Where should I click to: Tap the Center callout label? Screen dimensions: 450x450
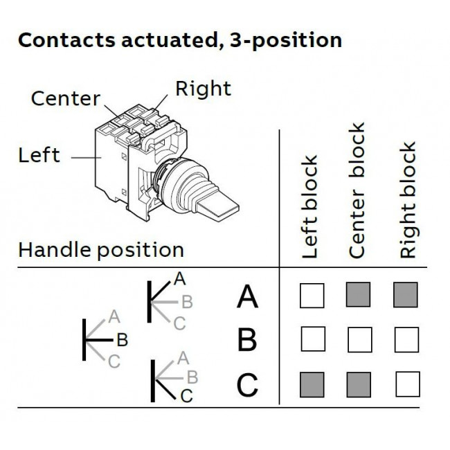(66, 99)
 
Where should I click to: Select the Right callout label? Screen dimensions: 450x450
(203, 89)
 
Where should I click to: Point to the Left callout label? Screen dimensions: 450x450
(39, 155)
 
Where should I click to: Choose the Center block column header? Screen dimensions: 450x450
(357, 192)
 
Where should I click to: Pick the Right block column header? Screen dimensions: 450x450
(408, 201)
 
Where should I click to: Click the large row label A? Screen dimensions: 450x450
(247, 297)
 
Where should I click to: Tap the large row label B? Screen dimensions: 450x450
(247, 341)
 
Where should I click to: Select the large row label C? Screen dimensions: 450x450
(247, 385)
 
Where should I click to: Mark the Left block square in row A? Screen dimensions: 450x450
(312, 296)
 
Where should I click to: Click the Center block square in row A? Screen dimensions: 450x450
(358, 295)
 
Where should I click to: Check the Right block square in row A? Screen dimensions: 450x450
(406, 295)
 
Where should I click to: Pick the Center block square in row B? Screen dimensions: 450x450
(359, 340)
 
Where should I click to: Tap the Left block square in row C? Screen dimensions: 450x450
(312, 384)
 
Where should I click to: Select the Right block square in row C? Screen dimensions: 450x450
(407, 384)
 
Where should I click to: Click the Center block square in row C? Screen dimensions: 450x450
(358, 384)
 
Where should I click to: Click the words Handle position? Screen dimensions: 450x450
(101, 250)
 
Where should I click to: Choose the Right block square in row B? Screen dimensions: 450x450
(406, 340)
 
